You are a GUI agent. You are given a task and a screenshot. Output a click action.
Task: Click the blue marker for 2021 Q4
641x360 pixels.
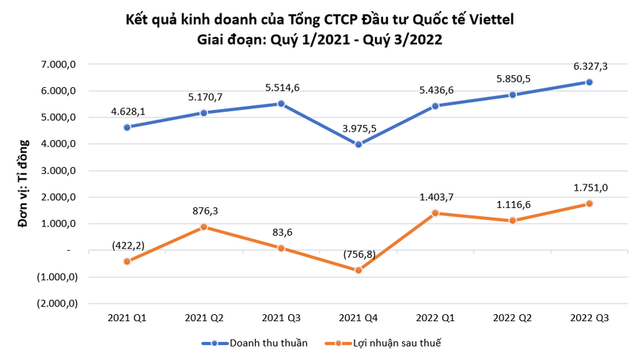pyautogui.click(x=358, y=144)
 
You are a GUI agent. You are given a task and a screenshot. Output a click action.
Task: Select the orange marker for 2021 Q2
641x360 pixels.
pyautogui.click(x=203, y=227)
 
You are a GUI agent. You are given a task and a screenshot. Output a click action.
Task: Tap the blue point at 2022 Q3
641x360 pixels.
pyautogui.click(x=590, y=82)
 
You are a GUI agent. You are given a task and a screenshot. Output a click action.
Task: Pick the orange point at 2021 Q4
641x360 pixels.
pyautogui.click(x=358, y=270)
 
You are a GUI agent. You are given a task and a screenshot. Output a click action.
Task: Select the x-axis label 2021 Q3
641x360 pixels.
pyautogui.click(x=282, y=317)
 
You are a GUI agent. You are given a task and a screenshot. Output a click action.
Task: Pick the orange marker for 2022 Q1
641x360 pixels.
pyautogui.click(x=436, y=213)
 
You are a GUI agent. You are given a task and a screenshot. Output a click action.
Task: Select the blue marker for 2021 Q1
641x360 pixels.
pyautogui.click(x=127, y=127)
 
